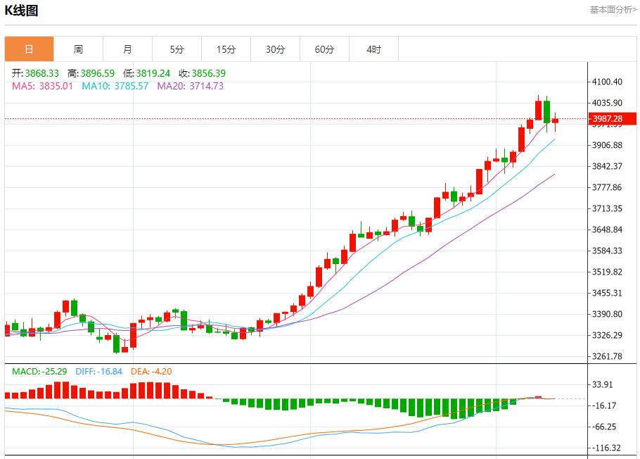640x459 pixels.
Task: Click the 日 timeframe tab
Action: pyautogui.click(x=29, y=49)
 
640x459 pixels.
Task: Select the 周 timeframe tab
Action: pyautogui.click(x=78, y=49)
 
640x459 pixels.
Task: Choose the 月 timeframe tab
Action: pyautogui.click(x=127, y=49)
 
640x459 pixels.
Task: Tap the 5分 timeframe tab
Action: pyautogui.click(x=177, y=49)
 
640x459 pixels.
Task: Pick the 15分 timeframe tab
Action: pyautogui.click(x=226, y=49)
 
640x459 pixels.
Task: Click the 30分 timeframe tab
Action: pyautogui.click(x=276, y=49)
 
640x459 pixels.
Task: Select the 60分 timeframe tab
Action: pyautogui.click(x=325, y=49)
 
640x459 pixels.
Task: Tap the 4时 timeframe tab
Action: pyautogui.click(x=374, y=49)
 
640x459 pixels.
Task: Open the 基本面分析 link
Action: pyautogui.click(x=613, y=9)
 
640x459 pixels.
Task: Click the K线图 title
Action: pyautogui.click(x=22, y=11)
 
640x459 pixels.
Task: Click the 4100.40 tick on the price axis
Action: pyautogui.click(x=608, y=82)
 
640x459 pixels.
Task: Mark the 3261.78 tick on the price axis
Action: pyautogui.click(x=608, y=356)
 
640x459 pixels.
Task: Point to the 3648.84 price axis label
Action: pyautogui.click(x=608, y=229)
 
